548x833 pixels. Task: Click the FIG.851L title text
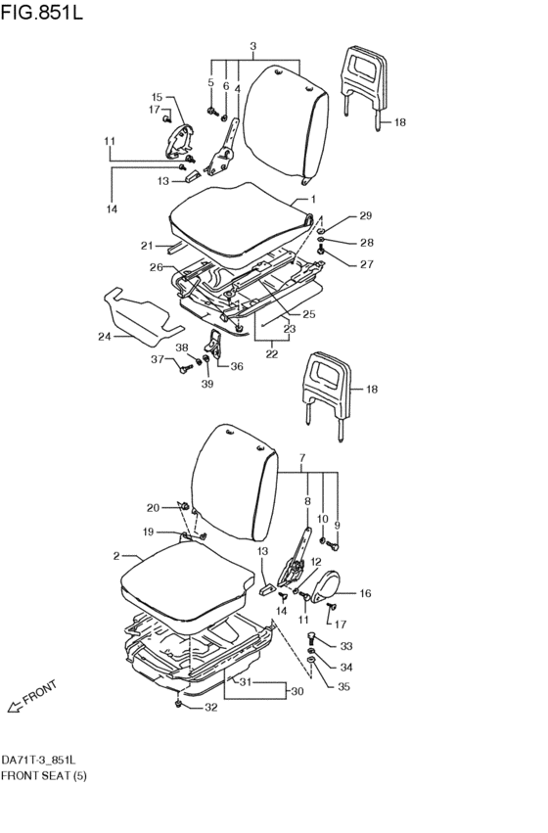coord(42,12)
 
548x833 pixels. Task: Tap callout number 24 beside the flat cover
coord(104,337)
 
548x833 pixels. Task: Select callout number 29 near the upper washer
coord(365,215)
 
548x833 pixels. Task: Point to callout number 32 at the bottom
coord(210,708)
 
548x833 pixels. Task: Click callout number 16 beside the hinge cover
coord(365,593)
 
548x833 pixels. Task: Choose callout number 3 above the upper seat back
coord(252,46)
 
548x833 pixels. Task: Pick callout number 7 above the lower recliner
coord(302,457)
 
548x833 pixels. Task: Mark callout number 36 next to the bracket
coord(237,366)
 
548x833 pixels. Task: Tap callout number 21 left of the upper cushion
coord(147,246)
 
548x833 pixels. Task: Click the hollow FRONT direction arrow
coord(16,706)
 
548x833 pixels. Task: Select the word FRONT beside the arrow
coord(40,692)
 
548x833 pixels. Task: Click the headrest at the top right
coord(364,88)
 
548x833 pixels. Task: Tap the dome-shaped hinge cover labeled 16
coord(326,586)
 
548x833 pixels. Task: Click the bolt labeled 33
coord(312,637)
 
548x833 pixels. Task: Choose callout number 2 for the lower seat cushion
coord(116,556)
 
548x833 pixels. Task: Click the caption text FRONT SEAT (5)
coord(43,775)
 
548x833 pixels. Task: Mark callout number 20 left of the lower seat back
coord(153,508)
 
